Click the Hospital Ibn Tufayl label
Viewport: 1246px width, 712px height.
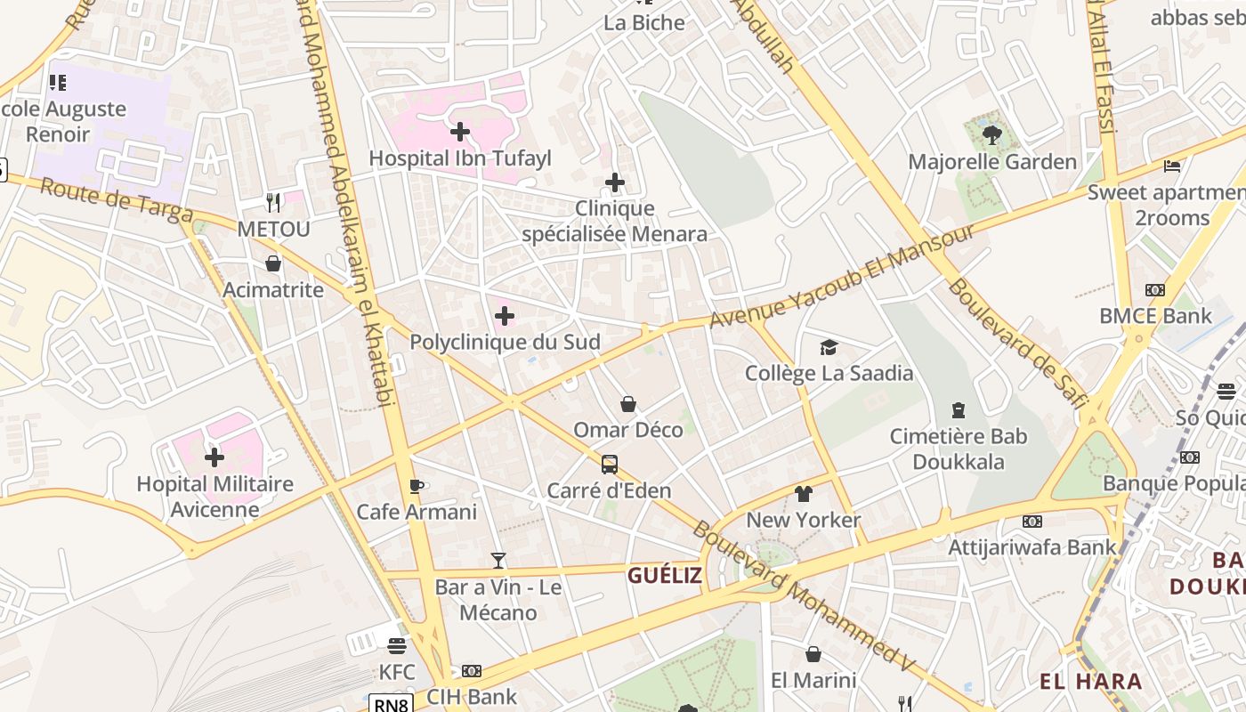(x=460, y=158)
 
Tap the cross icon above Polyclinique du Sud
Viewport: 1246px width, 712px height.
(x=505, y=316)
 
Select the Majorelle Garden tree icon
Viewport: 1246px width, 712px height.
(x=991, y=135)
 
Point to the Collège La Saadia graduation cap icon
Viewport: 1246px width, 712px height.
(x=829, y=347)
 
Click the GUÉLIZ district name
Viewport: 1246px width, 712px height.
(x=664, y=575)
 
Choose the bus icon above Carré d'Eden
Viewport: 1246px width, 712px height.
(x=610, y=464)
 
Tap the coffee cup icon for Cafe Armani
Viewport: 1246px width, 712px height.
(x=416, y=486)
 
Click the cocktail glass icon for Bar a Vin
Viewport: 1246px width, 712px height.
(x=498, y=561)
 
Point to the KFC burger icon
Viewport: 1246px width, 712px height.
(x=397, y=645)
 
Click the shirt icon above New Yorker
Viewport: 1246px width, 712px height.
(x=804, y=494)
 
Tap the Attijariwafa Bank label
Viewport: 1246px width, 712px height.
(x=1032, y=546)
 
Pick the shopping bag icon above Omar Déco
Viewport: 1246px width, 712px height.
(x=628, y=404)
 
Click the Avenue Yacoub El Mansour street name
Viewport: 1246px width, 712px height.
(x=841, y=278)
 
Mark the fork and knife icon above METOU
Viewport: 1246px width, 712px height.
(x=273, y=203)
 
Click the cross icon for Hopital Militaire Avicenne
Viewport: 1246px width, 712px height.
(x=214, y=458)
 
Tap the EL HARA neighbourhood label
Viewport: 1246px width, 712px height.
(x=1090, y=682)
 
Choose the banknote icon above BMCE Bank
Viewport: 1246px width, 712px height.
(x=1155, y=290)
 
